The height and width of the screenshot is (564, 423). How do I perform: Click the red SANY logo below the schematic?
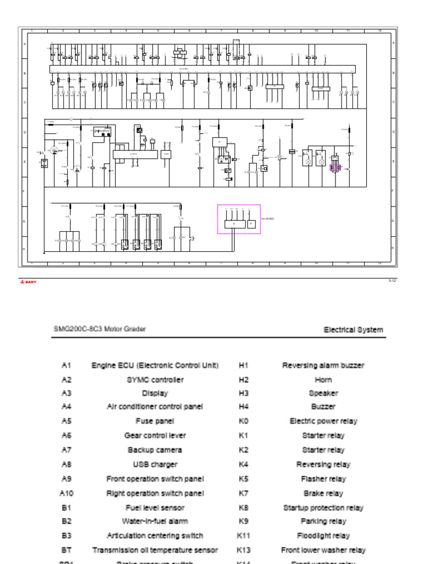pos(28,282)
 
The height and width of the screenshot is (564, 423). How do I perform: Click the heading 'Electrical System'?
pos(353,330)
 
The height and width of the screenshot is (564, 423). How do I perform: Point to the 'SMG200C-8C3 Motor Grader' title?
pos(99,329)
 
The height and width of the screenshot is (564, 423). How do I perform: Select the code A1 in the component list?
pos(67,365)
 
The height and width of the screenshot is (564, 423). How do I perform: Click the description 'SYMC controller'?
pos(155,379)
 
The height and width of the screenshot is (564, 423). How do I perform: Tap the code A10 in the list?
pos(67,493)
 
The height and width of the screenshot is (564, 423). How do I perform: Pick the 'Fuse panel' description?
pos(155,421)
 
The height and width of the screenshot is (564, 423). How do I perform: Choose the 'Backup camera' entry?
pos(155,450)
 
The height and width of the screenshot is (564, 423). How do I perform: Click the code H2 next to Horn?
pos(243,379)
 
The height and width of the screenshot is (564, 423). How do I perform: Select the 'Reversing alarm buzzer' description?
pos(323,365)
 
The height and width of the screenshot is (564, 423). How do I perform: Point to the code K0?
pos(243,421)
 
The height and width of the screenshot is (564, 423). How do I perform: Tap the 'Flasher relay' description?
pos(323,479)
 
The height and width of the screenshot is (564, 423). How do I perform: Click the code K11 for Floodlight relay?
pos(243,535)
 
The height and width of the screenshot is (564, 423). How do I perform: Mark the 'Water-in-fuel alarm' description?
pos(155,521)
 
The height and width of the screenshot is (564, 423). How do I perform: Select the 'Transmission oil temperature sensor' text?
pos(155,550)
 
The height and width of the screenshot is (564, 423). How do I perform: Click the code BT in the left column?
pos(67,550)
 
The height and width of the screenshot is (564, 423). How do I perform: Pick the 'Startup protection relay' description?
pos(323,508)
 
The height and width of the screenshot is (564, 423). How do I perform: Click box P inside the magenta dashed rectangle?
pos(251,224)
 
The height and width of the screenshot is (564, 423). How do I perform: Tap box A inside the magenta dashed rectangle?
pos(234,224)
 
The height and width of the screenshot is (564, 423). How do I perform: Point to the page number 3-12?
pos(392,281)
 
